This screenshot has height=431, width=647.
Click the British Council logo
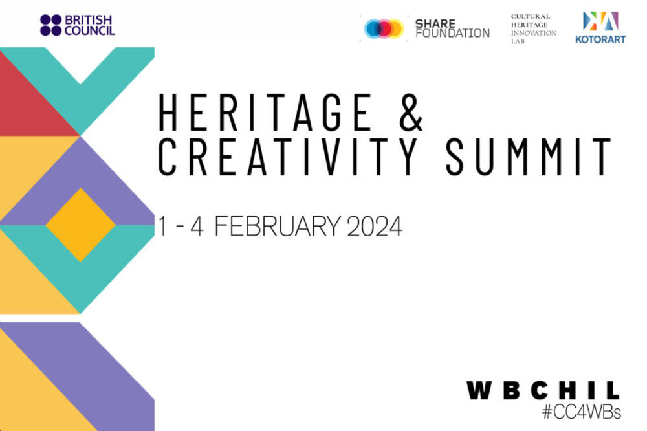click(77, 25)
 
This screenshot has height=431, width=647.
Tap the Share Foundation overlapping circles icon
click(384, 28)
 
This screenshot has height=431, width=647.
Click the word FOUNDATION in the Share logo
click(453, 33)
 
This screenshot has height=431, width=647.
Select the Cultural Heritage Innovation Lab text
click(534, 29)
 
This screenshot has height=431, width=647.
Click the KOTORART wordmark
click(600, 39)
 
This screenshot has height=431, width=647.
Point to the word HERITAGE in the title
click(265, 113)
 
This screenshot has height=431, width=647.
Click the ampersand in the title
click(411, 113)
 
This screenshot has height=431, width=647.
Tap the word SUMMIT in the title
click(528, 157)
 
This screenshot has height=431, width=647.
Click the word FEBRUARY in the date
click(278, 227)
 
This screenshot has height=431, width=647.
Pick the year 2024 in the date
click(375, 227)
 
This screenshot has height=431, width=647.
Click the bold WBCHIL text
click(543, 390)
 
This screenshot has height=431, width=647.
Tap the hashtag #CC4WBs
click(582, 412)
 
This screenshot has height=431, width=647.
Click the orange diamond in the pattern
click(80, 225)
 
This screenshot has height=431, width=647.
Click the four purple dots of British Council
click(50, 25)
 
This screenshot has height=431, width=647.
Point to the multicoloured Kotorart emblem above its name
click(600, 21)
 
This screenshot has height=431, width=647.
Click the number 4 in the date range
click(197, 227)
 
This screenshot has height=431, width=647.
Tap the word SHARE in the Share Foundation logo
click(435, 23)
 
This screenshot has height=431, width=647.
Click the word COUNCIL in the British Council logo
click(89, 31)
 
